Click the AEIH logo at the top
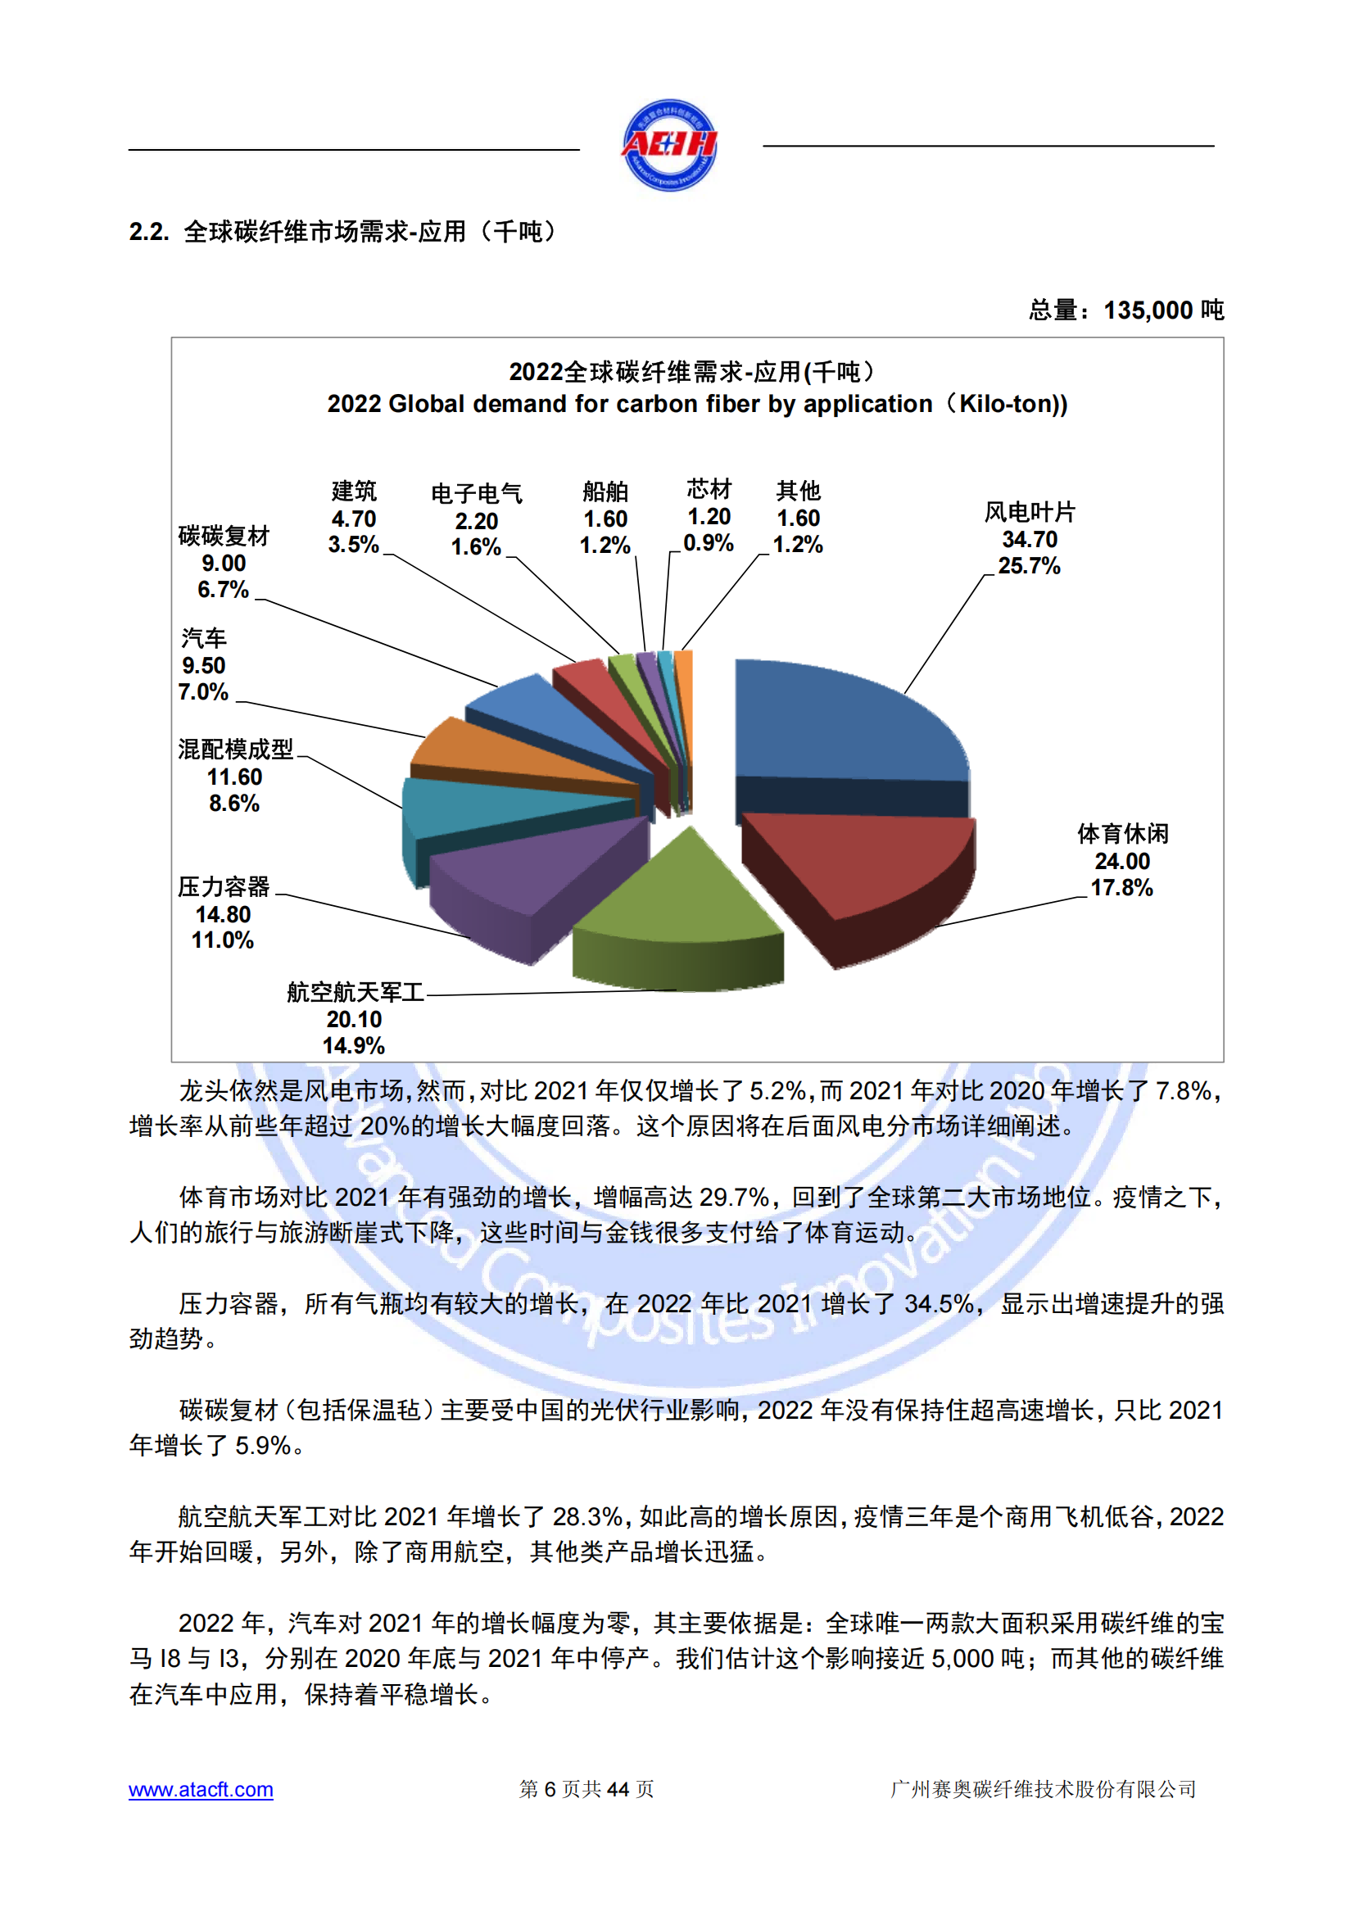pos(669,145)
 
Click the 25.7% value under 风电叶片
pos(1029,567)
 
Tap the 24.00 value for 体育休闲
pos(1122,861)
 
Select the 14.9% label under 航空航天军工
pos(354,1045)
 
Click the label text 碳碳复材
pos(224,536)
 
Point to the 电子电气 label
pos(477,493)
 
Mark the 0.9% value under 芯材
pos(709,543)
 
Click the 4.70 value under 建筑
pos(354,519)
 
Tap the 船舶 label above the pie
pos(605,491)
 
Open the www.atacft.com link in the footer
pos(201,1789)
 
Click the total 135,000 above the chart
pos(1148,310)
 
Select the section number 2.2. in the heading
pos(149,232)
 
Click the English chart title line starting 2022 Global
pos(696,404)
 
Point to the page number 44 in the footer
pos(618,1789)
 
